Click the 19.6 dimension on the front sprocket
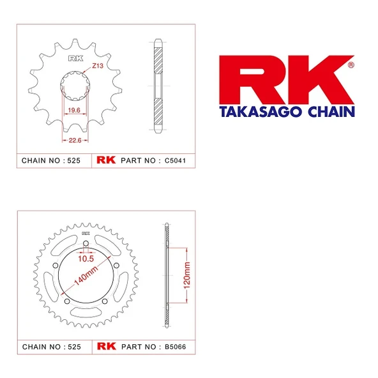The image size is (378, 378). click(x=73, y=110)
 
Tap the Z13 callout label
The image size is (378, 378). click(x=97, y=66)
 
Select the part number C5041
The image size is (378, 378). click(x=174, y=160)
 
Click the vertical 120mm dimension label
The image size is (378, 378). click(x=186, y=275)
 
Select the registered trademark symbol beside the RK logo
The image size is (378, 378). click(x=351, y=64)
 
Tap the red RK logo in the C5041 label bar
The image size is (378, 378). click(x=106, y=160)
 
